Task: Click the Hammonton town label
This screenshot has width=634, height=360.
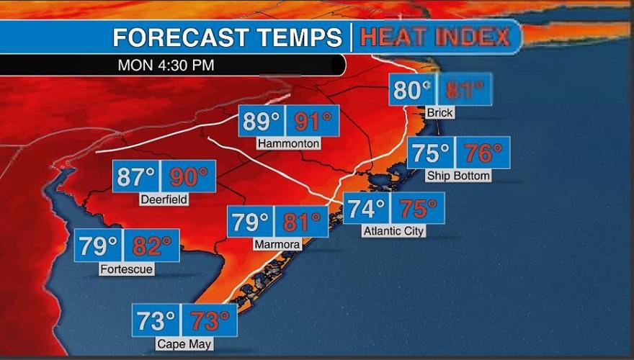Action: (x=288, y=143)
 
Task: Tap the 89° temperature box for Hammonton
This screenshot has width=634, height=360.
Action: (x=262, y=120)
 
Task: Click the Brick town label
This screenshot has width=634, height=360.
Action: (x=439, y=113)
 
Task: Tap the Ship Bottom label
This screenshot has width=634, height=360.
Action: (x=458, y=176)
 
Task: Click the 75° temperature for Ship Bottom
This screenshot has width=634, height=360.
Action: (x=431, y=153)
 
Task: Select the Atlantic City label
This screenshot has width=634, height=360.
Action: (x=393, y=231)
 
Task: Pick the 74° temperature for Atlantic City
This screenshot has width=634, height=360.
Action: (x=366, y=208)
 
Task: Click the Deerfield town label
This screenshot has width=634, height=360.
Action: (x=164, y=199)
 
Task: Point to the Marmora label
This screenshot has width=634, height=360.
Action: (x=277, y=245)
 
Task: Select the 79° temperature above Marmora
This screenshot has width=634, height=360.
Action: (x=250, y=222)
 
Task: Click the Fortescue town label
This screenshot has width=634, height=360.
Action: (x=127, y=269)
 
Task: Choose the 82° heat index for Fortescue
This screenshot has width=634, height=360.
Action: (x=151, y=246)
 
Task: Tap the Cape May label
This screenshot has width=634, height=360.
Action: (x=184, y=344)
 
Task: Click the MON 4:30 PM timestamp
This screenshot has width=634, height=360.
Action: (x=166, y=65)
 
